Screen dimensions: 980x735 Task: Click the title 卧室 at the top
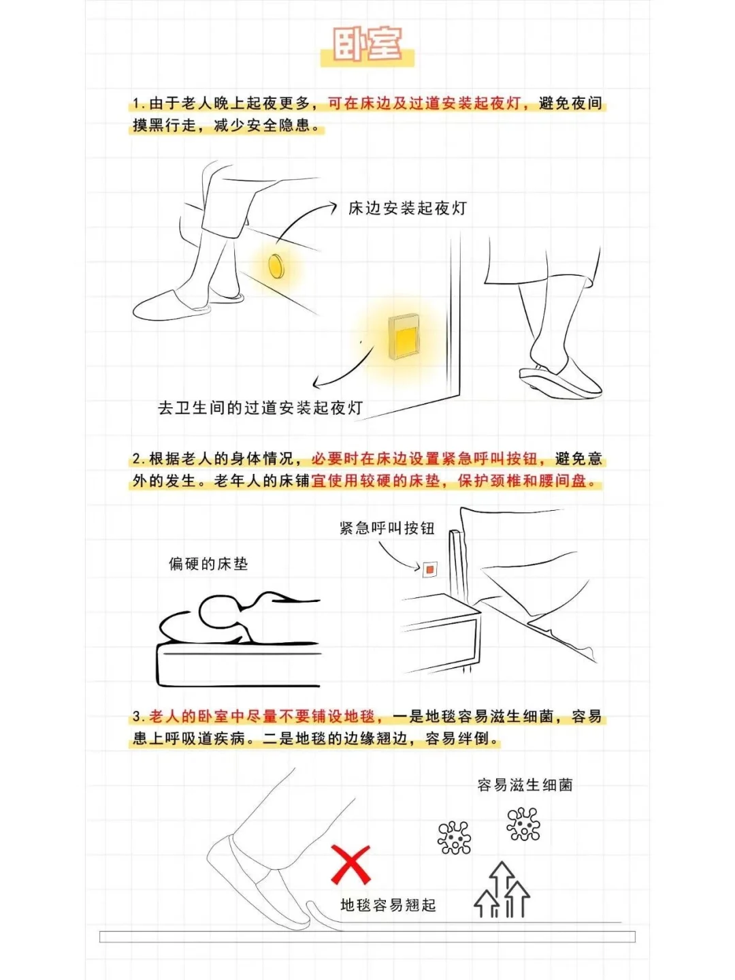(367, 46)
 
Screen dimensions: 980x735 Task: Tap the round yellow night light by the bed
(275, 266)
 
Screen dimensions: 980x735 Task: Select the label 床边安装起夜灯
(407, 208)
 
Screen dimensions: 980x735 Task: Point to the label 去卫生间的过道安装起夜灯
(261, 408)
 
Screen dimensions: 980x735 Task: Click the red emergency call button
(429, 569)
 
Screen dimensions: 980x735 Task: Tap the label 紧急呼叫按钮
(387, 528)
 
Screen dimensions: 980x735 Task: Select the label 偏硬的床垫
(208, 564)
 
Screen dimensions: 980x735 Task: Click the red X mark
(350, 864)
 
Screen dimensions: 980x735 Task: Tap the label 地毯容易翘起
(388, 905)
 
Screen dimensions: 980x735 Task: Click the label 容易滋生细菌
(525, 785)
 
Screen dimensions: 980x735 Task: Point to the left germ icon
(454, 837)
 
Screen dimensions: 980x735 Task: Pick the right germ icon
(523, 824)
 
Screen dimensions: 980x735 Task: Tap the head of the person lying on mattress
(221, 612)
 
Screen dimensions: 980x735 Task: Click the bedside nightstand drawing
(441, 633)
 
